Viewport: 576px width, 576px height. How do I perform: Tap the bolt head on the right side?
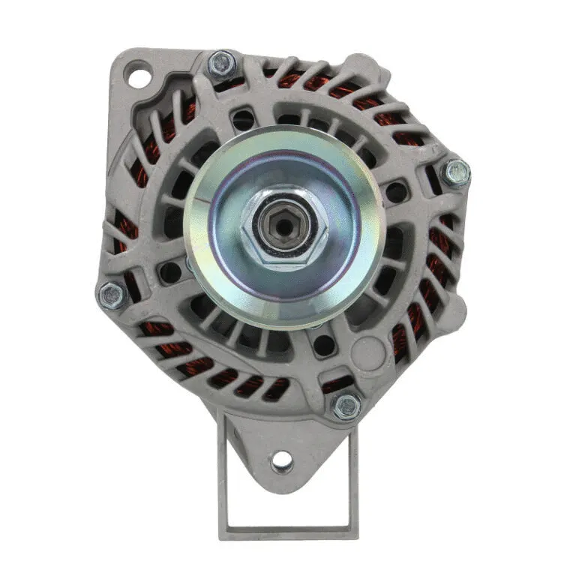tap(456, 173)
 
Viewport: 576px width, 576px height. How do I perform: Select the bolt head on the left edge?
tap(112, 295)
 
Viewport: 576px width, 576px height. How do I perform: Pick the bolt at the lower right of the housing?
tap(346, 406)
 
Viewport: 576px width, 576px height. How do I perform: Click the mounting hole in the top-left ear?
tap(139, 76)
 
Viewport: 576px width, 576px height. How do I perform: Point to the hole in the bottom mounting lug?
tap(282, 459)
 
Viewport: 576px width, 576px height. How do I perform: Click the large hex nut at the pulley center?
tap(284, 225)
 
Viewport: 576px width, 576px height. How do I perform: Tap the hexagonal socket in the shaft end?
tap(284, 223)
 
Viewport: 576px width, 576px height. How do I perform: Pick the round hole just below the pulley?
tap(323, 345)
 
